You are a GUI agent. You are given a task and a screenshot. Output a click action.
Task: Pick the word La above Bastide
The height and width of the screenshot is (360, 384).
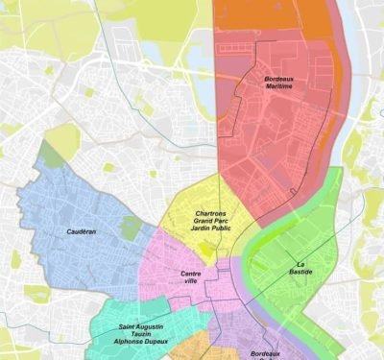tap(300, 264)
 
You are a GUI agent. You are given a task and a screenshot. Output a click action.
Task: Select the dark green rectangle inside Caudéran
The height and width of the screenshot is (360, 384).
tap(130, 228)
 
